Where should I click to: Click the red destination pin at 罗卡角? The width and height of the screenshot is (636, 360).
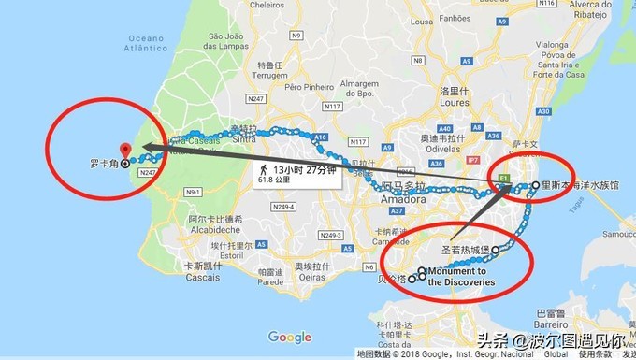point(124,148)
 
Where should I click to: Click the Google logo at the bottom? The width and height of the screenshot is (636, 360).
point(289,337)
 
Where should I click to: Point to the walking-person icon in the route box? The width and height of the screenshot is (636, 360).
point(266,168)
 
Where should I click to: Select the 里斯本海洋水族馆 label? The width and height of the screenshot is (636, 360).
point(577,185)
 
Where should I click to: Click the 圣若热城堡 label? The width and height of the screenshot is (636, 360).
point(465,251)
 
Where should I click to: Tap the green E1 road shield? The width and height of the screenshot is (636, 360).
point(502,179)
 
